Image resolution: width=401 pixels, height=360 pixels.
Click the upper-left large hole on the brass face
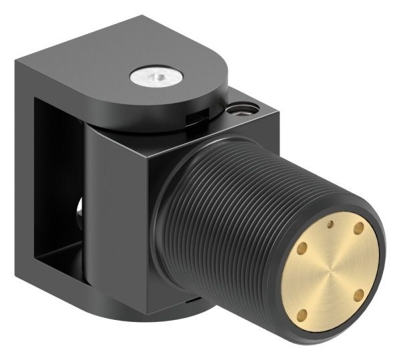[x=301, y=248]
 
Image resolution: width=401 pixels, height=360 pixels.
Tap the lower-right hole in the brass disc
[x=358, y=294]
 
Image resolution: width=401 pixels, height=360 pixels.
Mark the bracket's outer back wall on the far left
[x=25, y=167]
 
